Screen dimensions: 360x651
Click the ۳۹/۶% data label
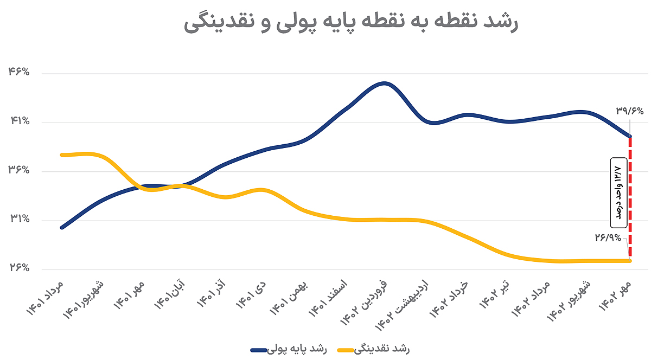629,111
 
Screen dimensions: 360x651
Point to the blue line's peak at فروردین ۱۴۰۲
384,83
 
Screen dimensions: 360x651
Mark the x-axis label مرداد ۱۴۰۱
46,298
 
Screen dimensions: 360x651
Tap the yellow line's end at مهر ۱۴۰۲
630,261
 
